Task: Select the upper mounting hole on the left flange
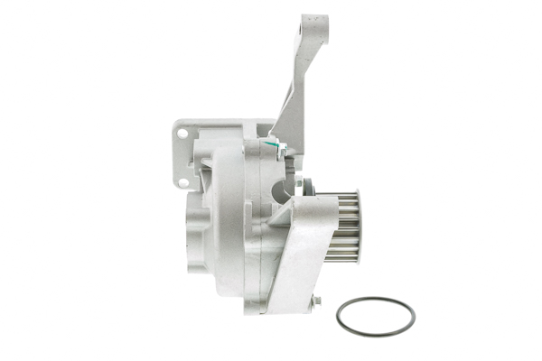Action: (x=182, y=134)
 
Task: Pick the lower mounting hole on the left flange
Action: (x=183, y=182)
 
